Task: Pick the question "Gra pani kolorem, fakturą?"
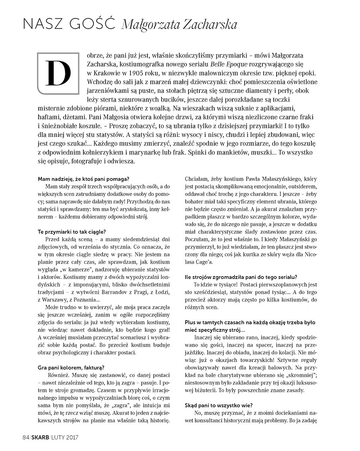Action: (x=71, y=367)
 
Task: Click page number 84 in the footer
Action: (x=25, y=437)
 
